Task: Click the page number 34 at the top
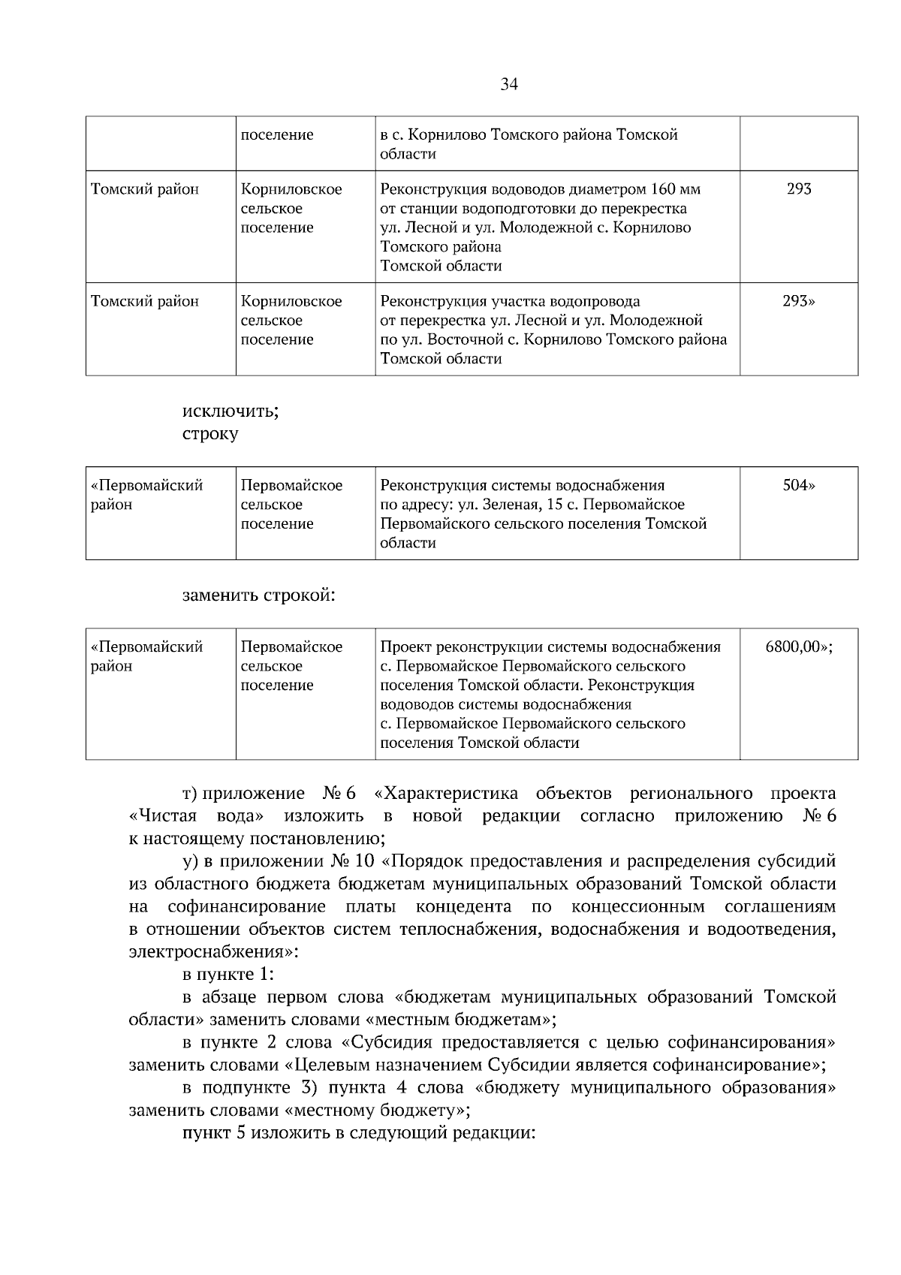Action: tap(508, 84)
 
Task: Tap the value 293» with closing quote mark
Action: tap(799, 301)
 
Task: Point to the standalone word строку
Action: tap(210, 434)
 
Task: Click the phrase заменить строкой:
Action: tap(258, 595)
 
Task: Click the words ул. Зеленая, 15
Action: tap(506, 505)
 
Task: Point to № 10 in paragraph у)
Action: tap(350, 861)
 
